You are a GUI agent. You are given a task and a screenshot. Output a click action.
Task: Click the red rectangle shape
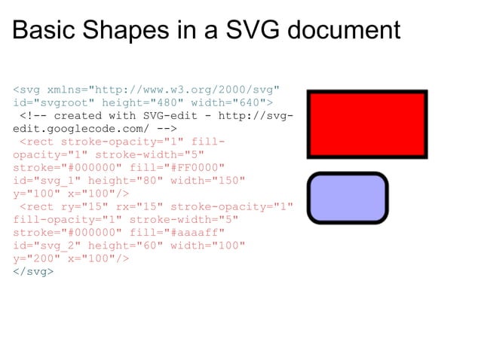[367, 124]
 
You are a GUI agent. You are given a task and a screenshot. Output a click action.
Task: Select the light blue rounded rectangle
[348, 197]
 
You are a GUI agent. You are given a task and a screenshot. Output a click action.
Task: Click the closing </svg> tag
[33, 271]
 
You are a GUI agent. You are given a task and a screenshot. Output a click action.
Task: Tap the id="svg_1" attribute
[47, 180]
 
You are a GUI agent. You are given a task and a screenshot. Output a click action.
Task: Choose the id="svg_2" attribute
[47, 245]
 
